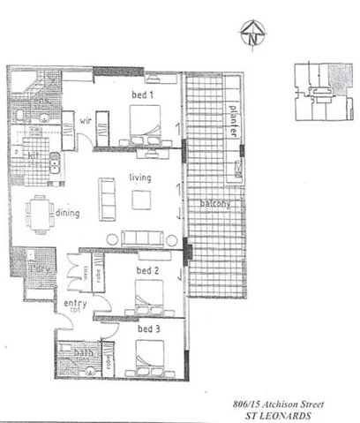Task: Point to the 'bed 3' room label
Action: [x=148, y=329]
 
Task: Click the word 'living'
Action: [x=139, y=178]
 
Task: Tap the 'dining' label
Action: [x=67, y=213]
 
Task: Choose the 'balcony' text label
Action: [x=214, y=204]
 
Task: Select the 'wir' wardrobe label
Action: [x=87, y=121]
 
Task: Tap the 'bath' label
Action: [x=84, y=353]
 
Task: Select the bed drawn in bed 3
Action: [x=146, y=356]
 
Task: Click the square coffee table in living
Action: [x=142, y=199]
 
